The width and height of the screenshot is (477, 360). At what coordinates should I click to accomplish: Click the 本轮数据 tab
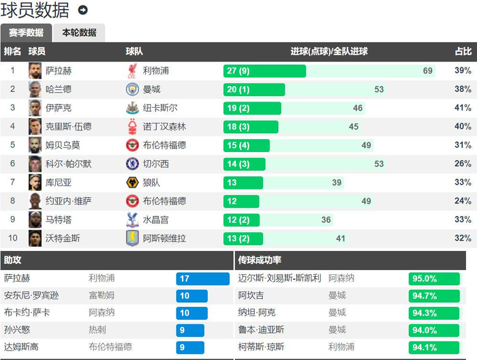(79, 33)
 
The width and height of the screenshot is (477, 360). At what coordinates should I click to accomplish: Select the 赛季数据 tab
(26, 33)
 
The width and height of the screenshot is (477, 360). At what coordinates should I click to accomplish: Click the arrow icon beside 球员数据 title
(83, 10)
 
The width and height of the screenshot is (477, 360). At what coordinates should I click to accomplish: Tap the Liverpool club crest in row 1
(132, 71)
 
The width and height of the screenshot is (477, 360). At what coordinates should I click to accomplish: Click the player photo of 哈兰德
(35, 89)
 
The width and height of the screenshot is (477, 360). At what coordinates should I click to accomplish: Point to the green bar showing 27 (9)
(264, 71)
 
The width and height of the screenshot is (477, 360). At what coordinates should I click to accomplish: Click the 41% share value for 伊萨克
(463, 108)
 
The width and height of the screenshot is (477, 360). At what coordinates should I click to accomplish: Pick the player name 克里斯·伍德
(68, 126)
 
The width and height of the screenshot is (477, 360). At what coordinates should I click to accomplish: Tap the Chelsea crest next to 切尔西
(132, 164)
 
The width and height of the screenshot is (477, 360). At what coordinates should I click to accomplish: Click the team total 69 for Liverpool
(428, 71)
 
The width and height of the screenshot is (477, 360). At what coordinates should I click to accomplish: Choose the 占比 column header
(463, 51)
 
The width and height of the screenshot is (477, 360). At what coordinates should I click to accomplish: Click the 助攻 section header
(12, 260)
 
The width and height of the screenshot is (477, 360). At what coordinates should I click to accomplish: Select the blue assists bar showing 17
(202, 278)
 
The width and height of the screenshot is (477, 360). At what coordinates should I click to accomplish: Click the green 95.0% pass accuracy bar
(433, 278)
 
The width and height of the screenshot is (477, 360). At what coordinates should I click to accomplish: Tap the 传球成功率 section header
(260, 260)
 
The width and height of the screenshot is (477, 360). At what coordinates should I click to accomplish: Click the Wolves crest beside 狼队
(132, 182)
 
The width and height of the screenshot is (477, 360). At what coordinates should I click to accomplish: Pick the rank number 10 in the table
(12, 238)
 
